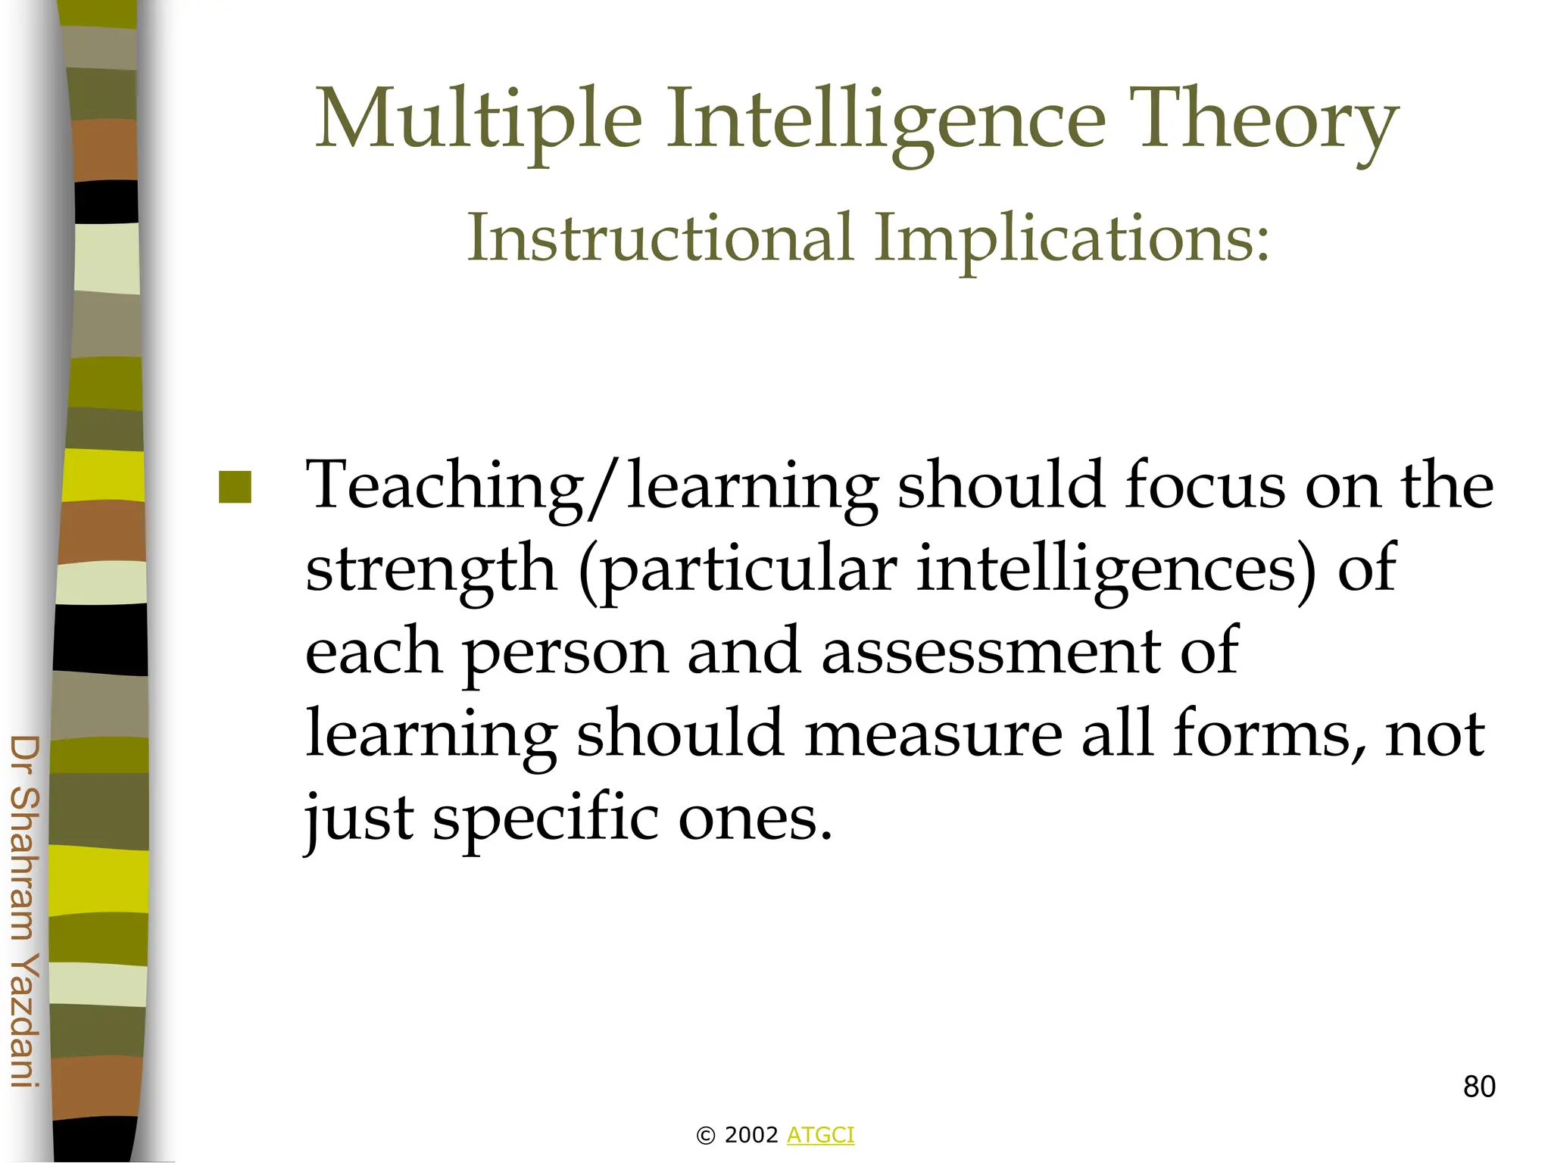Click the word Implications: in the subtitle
(x=1072, y=238)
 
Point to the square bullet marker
(x=235, y=487)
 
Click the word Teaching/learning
(x=591, y=486)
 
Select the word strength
(x=431, y=569)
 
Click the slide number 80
(x=1479, y=1087)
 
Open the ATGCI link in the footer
(x=820, y=1135)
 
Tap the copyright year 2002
(x=751, y=1135)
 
